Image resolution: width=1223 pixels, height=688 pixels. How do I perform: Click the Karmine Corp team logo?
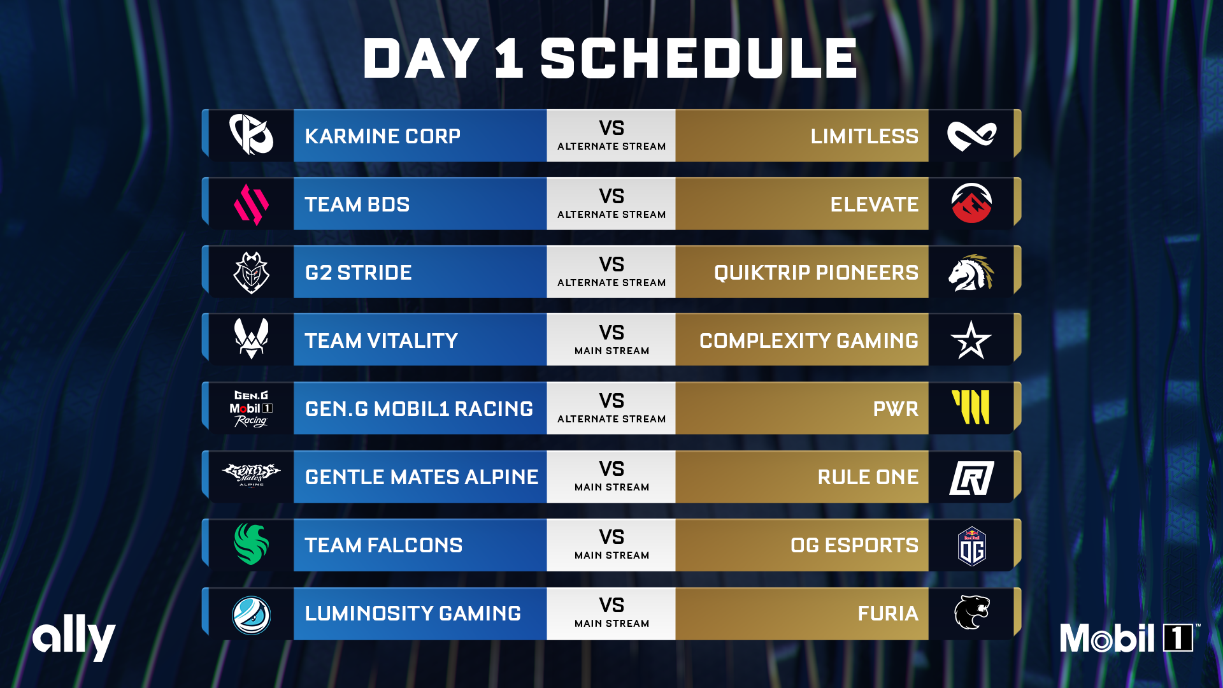point(251,134)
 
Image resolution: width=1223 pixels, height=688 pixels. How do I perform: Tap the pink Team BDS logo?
point(251,204)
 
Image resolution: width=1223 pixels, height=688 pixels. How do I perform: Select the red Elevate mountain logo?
point(971,203)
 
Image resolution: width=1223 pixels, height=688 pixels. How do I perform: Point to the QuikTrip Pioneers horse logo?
point(971,273)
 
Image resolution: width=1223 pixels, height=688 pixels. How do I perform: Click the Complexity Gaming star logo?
point(971,340)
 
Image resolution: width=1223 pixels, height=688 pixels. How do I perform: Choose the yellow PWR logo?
point(971,407)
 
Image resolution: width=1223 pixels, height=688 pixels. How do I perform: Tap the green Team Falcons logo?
point(251,544)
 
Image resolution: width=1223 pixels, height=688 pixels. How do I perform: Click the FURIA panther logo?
point(971,612)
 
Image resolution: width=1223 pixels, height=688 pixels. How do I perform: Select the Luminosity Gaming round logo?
point(251,615)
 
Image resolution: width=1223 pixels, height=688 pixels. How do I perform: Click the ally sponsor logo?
point(74,637)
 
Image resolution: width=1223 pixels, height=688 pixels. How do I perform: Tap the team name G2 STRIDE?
point(358,273)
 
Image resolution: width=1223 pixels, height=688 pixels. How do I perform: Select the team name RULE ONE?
point(868,477)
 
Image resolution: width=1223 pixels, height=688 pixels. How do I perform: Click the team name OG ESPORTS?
point(854,545)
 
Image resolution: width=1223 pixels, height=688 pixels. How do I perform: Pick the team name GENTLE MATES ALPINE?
point(421,477)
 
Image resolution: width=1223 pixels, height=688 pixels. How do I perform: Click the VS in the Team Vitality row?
point(611,333)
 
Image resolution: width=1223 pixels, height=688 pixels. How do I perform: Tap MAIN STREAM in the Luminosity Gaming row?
point(611,624)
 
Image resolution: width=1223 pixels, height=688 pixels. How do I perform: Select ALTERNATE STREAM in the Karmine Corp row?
point(611,147)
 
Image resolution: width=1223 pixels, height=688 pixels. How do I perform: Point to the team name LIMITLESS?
point(864,136)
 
